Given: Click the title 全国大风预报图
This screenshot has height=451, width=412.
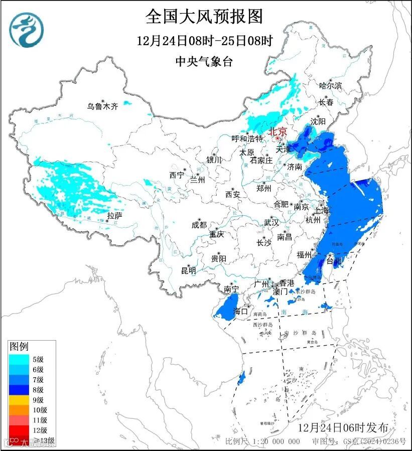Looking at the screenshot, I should point(204,17).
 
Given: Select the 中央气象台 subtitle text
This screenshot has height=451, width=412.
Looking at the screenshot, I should point(204,61).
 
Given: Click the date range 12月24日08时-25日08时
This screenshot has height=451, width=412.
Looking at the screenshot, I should point(204,41).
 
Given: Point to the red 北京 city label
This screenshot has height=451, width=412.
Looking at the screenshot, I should point(278,131).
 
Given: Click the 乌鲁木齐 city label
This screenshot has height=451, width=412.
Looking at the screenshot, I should point(102,106).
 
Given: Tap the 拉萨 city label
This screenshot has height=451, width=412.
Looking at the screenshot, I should point(114,216).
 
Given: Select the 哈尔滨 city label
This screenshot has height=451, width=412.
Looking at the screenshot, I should point(330,86).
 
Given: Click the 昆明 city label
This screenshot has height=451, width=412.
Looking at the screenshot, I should point(189,270).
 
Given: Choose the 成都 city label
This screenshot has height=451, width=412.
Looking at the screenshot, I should point(199,225).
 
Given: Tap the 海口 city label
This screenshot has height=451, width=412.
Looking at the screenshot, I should point(241,312).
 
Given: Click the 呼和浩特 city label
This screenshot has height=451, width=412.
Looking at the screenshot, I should point(247,138).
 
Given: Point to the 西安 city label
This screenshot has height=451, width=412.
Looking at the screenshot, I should point(233,194).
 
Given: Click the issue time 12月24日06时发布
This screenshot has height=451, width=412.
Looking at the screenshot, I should point(343,428).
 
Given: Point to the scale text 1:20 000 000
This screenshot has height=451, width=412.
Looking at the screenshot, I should point(271,441).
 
